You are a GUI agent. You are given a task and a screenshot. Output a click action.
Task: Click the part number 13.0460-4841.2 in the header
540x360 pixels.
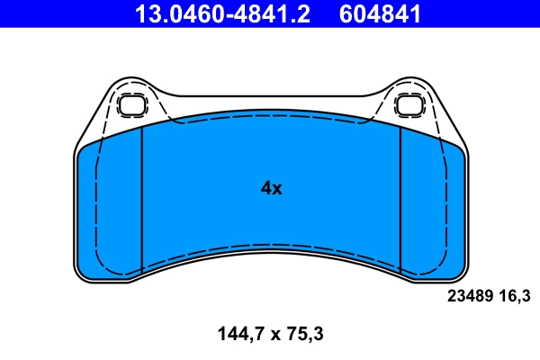(x=221, y=13)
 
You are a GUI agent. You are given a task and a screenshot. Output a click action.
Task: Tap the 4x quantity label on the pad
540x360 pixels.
(x=271, y=188)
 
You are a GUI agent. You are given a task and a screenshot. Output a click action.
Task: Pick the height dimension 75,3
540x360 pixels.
(x=304, y=335)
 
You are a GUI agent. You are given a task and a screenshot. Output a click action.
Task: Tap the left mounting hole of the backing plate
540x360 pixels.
(x=132, y=104)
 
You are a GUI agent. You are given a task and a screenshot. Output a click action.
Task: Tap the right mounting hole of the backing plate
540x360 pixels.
(x=409, y=104)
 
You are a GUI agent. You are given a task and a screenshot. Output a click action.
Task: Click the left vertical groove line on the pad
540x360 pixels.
(x=143, y=198)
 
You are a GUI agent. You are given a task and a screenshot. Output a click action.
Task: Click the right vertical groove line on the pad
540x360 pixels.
(x=400, y=198)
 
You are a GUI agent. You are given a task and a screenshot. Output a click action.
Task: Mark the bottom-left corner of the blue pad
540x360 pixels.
(x=82, y=274)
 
